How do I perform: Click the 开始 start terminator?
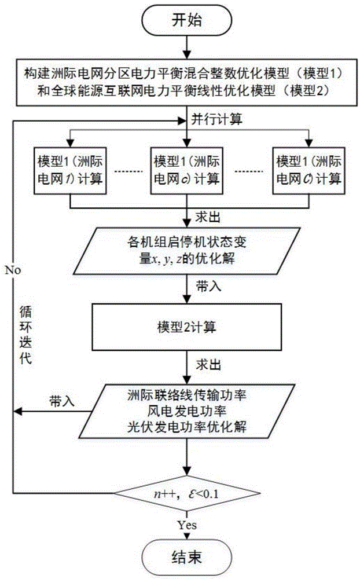click(185, 21)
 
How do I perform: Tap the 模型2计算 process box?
click(185, 327)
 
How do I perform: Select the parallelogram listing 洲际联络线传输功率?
click(185, 412)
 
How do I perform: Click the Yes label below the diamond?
click(185, 526)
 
